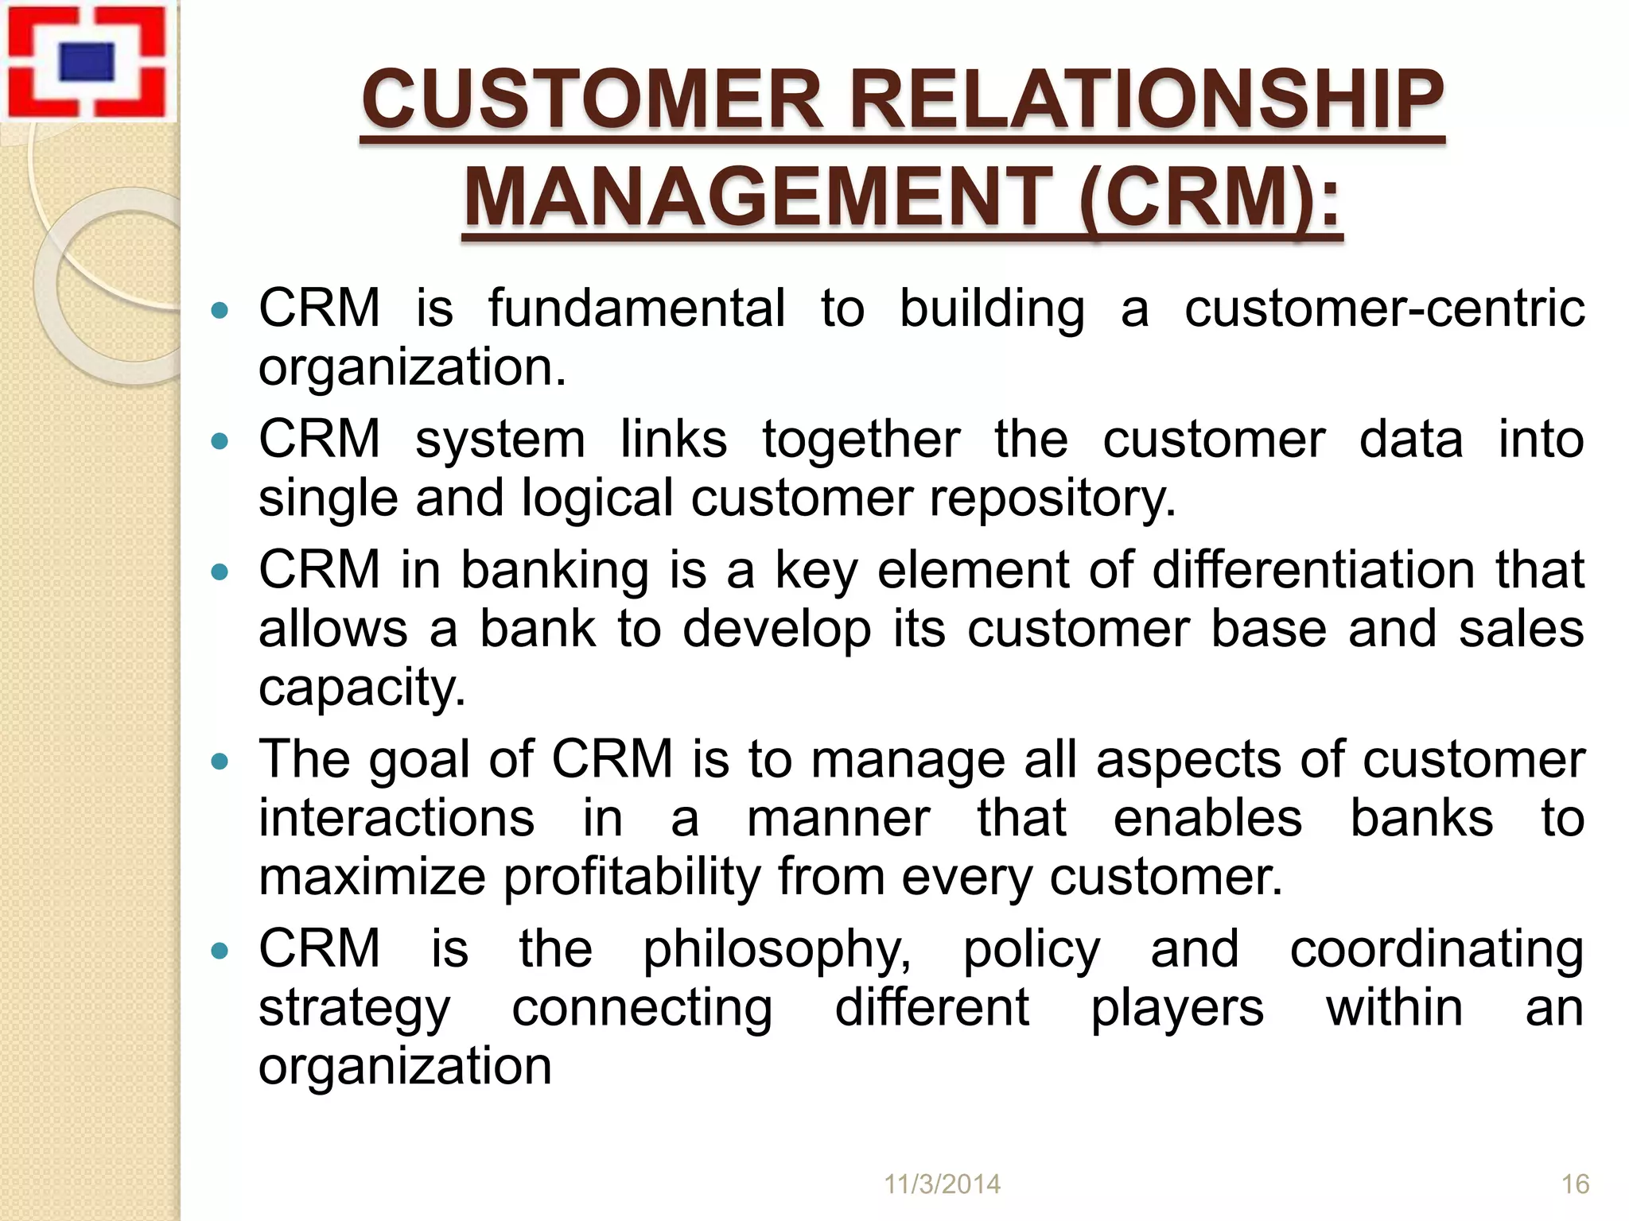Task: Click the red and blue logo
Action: click(86, 62)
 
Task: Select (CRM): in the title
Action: click(1211, 196)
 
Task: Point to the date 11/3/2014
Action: click(943, 1184)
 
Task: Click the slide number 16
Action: click(1575, 1184)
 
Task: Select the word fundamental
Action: click(636, 308)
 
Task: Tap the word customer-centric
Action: click(1384, 308)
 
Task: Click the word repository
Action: click(1052, 498)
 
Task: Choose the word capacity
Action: click(362, 688)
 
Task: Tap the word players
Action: click(1176, 1008)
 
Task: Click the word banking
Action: click(554, 570)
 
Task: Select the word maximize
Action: click(372, 877)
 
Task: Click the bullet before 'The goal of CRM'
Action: click(220, 762)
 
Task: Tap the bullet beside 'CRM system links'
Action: click(220, 441)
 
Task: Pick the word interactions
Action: click(396, 818)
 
